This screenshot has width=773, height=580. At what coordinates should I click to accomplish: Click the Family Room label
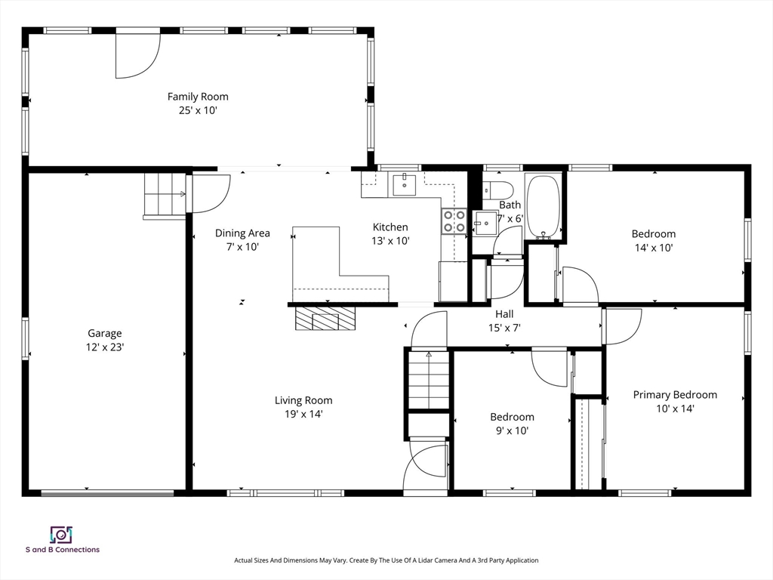[198, 97]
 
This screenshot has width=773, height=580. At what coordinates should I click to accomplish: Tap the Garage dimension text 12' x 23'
[104, 347]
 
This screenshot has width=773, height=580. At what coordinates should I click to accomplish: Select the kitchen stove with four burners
[454, 221]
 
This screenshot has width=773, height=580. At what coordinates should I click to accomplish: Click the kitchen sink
[405, 184]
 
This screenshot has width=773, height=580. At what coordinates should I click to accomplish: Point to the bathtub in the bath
[543, 206]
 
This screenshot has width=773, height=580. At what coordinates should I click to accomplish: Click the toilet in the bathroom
[498, 189]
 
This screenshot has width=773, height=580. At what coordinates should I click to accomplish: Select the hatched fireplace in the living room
[325, 318]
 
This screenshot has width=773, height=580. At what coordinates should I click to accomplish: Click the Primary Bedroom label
[675, 395]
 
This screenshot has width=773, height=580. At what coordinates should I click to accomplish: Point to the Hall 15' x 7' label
[504, 320]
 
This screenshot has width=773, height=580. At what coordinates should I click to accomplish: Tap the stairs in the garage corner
[165, 195]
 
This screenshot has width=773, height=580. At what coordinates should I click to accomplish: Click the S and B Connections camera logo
[60, 535]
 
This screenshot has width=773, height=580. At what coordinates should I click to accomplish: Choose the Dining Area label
[242, 233]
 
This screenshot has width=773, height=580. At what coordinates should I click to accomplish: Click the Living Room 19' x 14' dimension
[303, 414]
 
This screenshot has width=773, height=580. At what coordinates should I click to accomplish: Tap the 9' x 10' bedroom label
[512, 430]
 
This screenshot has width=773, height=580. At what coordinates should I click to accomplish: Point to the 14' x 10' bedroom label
[653, 247]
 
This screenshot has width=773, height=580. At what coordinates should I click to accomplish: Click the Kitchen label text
[390, 227]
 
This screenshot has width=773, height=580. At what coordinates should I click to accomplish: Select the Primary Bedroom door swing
[621, 326]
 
